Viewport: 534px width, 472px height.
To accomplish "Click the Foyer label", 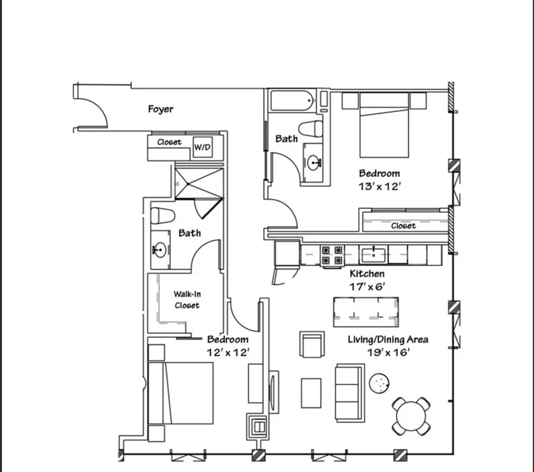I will [160, 109].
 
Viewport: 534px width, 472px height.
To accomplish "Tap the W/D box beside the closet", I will [202, 148].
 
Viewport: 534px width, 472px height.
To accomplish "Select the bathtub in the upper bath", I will [292, 101].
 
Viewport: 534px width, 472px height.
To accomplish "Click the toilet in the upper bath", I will [311, 128].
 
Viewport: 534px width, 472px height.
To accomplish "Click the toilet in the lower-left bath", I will [163, 215].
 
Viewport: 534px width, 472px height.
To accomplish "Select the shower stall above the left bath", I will [199, 183].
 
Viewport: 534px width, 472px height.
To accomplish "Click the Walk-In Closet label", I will [187, 299].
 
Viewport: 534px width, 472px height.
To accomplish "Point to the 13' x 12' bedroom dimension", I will [380, 187].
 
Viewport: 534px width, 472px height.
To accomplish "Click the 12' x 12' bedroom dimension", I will [228, 352].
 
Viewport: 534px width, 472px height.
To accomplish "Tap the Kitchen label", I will [367, 274].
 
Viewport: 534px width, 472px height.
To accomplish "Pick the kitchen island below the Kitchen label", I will [366, 312].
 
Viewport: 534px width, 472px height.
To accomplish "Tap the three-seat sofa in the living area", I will [349, 393].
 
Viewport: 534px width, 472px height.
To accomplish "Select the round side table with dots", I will [379, 383].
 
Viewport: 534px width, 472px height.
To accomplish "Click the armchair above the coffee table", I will [312, 344].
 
